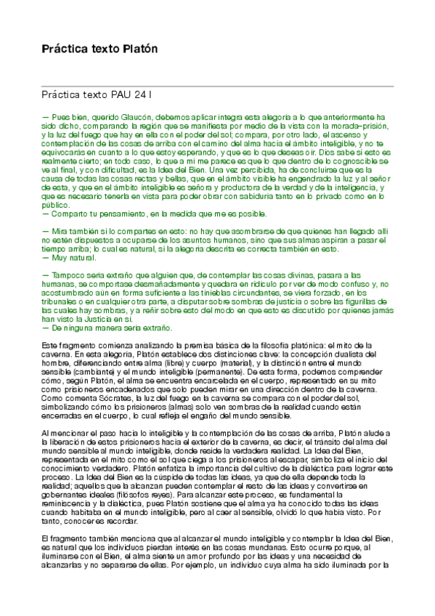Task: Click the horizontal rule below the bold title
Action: point(217,86)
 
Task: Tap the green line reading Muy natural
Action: point(70,257)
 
